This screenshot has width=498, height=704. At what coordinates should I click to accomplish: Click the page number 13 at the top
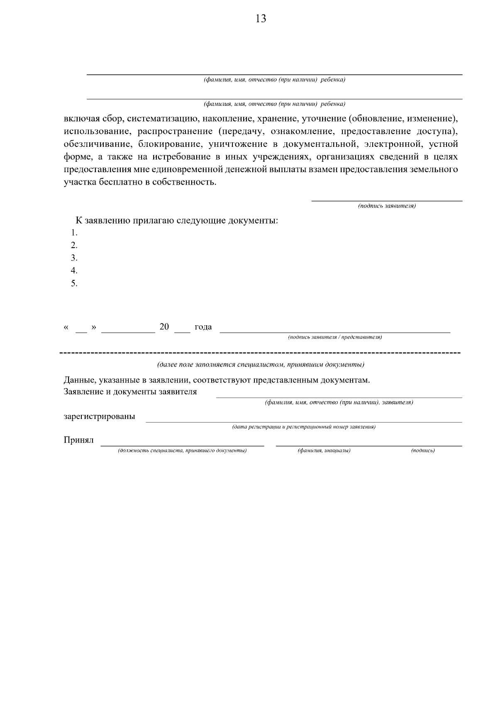[x=261, y=19]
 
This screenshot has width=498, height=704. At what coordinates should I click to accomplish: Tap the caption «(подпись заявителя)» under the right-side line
[x=387, y=206]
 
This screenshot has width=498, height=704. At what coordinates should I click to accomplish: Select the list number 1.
[x=74, y=232]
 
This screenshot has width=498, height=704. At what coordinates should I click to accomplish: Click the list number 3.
[x=74, y=258]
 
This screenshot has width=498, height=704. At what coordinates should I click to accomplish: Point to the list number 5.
[x=74, y=284]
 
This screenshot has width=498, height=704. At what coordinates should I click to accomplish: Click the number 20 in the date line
[x=164, y=327]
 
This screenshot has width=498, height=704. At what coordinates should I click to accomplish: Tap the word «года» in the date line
[x=203, y=327]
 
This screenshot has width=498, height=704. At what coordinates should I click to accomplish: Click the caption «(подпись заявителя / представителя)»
[x=335, y=337]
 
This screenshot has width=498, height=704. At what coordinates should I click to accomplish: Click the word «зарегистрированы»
[x=99, y=417]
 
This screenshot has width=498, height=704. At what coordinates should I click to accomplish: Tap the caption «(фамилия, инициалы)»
[x=324, y=451]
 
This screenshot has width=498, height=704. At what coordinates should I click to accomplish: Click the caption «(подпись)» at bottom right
[x=423, y=451]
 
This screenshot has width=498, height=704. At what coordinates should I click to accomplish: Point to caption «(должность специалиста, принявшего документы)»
[x=182, y=451]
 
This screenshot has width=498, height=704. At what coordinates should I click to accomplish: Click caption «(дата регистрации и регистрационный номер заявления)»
[x=304, y=426]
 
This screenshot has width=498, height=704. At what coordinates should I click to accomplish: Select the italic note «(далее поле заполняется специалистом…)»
[x=261, y=365]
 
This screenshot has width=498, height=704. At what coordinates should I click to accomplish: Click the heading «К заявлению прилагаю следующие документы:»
[x=176, y=220]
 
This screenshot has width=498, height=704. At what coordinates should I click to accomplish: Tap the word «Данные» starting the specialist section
[x=79, y=380]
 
